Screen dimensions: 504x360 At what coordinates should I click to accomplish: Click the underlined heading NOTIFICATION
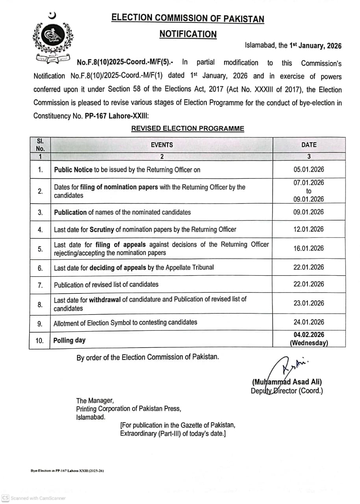point(188,34)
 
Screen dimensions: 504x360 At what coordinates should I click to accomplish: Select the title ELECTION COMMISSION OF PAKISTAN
point(188,18)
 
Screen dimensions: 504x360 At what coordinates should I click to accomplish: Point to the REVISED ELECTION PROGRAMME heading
point(187,129)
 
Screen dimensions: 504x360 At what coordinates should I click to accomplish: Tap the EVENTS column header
point(161,145)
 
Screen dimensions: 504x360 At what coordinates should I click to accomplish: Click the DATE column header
point(309,145)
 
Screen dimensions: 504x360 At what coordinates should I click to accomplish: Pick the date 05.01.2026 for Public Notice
point(309,170)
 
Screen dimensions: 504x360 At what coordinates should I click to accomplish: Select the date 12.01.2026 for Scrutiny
point(309,229)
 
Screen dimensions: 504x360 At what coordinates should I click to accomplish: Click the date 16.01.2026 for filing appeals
point(309,248)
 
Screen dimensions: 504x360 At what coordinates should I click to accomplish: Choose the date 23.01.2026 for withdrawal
point(309,303)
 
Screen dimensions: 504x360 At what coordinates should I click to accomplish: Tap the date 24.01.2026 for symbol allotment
point(309,322)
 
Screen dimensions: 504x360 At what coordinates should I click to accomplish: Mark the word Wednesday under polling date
point(309,343)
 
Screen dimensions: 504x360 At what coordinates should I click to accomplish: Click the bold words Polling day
point(69,340)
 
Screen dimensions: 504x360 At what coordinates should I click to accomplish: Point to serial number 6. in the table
point(40,268)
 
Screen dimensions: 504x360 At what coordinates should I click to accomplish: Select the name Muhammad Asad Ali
point(287,382)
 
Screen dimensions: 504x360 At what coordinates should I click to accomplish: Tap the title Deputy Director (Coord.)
point(287,391)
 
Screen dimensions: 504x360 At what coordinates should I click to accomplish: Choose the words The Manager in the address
point(95,401)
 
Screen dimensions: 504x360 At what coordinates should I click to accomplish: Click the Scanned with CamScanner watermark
point(34,498)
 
